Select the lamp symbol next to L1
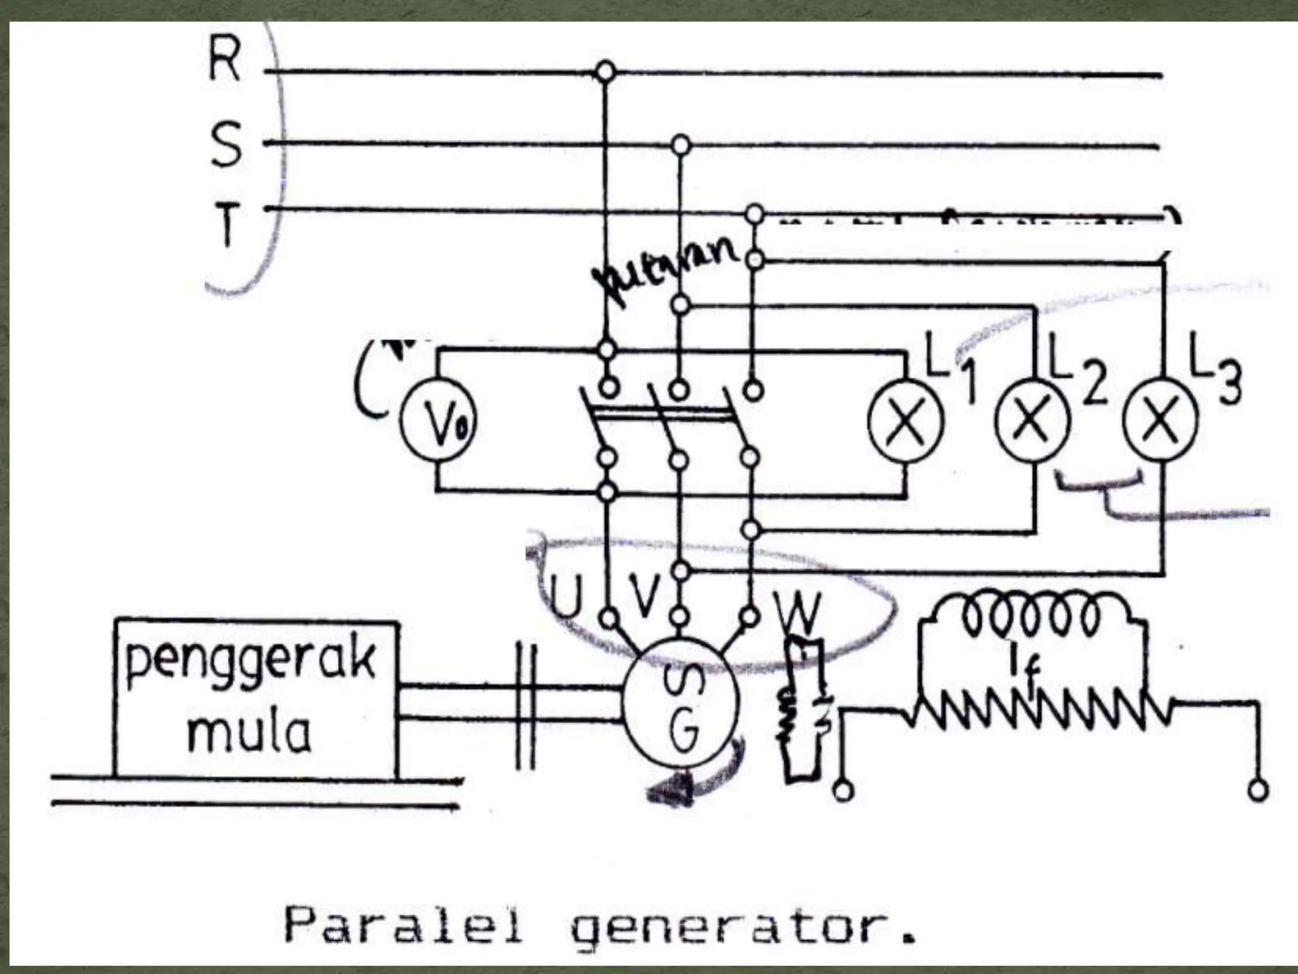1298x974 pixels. tap(906, 421)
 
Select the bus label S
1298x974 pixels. tap(225, 145)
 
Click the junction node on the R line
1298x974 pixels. tap(606, 72)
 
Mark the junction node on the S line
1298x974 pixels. tap(680, 145)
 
